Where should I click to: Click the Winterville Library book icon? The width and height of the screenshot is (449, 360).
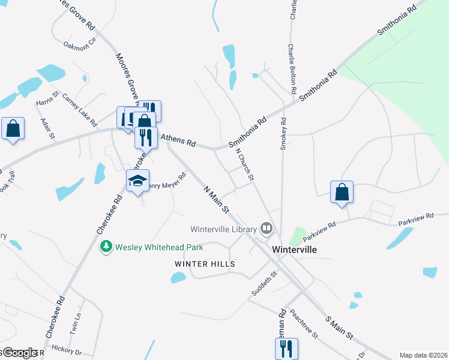click(x=266, y=228)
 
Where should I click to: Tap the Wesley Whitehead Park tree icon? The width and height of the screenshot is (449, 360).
click(x=106, y=247)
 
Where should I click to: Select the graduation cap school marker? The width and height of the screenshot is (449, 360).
click(x=137, y=179)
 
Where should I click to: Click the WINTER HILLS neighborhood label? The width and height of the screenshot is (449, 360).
click(x=205, y=264)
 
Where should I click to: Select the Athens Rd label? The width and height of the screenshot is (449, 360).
click(x=178, y=142)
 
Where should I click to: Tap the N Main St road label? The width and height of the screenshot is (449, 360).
click(x=217, y=200)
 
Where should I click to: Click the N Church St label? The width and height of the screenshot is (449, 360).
click(x=245, y=165)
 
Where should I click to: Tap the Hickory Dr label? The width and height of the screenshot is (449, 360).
click(x=67, y=351)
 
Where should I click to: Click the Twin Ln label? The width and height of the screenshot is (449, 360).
click(x=74, y=323)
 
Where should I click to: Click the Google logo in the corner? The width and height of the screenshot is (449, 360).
click(x=19, y=353)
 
